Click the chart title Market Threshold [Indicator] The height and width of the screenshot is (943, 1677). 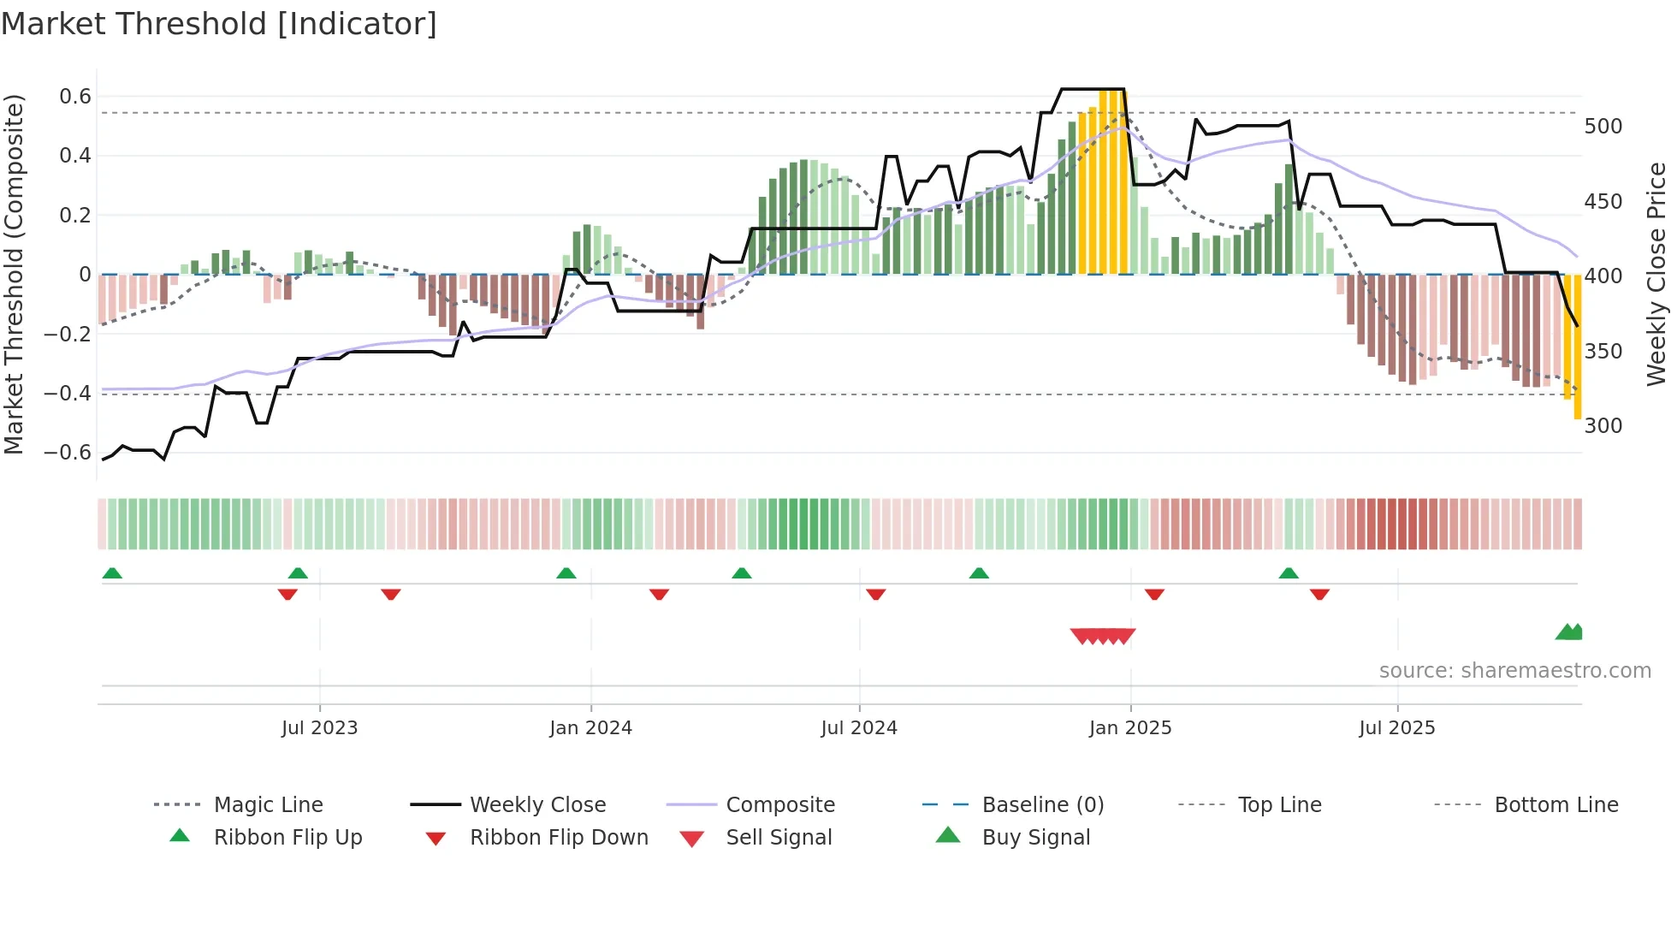pos(219,24)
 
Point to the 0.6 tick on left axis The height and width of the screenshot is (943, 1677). pos(75,97)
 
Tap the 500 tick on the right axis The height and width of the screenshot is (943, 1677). pos(1603,127)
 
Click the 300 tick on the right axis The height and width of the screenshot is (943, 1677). pos(1603,426)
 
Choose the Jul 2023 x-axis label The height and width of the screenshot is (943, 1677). pos(319,728)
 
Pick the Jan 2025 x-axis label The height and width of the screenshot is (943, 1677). pos(1129,728)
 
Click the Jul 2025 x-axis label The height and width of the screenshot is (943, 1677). pos(1396,728)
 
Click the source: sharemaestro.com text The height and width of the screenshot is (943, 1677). pos(1514,671)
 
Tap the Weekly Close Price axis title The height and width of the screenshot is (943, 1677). pos(1656,274)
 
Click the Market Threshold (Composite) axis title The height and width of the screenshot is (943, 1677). pos(14,274)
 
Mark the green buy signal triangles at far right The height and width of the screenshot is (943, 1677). pos(1569,632)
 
